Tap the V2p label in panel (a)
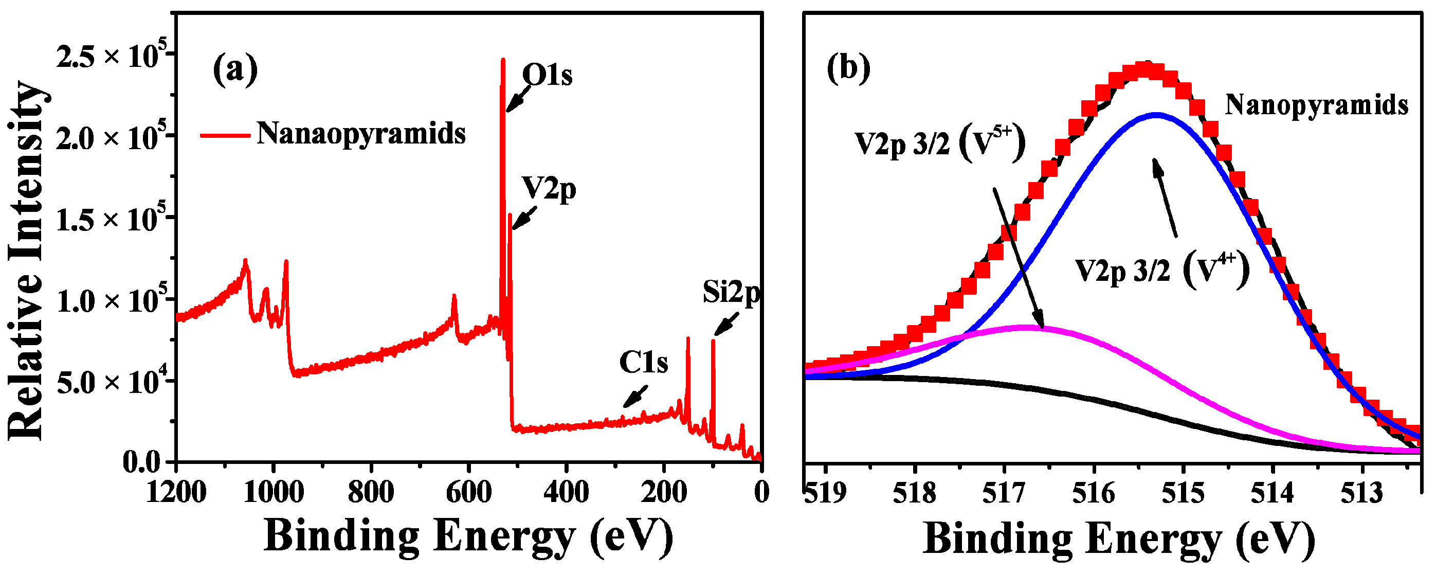coord(549,190)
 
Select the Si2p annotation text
coord(731,292)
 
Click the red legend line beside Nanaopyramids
coord(224,134)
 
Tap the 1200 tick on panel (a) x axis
coord(176,493)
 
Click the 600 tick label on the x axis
coord(469,493)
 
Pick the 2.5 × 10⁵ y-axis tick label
coord(112,57)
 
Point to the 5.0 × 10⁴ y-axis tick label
coord(112,383)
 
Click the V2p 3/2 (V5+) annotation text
coord(939,145)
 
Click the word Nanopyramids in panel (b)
coord(1316,105)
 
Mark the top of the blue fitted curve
coord(1156,115)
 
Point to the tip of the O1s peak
coord(503,59)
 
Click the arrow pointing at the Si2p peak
coord(726,324)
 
